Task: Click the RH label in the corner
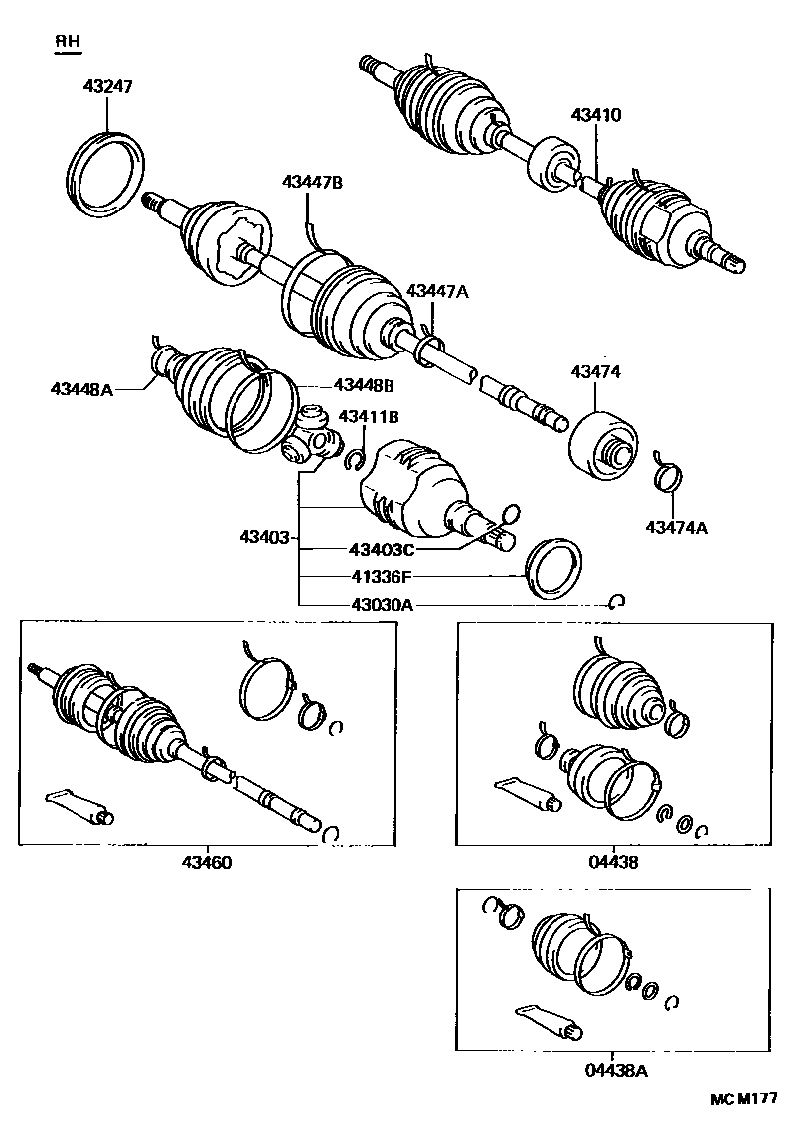[x=68, y=41]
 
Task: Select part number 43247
[x=107, y=87]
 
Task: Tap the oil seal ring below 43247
[x=107, y=171]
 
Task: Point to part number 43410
[x=595, y=115]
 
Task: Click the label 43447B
[x=312, y=182]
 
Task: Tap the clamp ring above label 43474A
[x=668, y=475]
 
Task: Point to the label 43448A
[x=82, y=389]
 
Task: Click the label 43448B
[x=363, y=384]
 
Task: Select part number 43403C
[x=381, y=549]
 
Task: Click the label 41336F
[x=381, y=576]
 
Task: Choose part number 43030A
[x=381, y=603]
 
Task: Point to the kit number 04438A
[x=616, y=1070]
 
